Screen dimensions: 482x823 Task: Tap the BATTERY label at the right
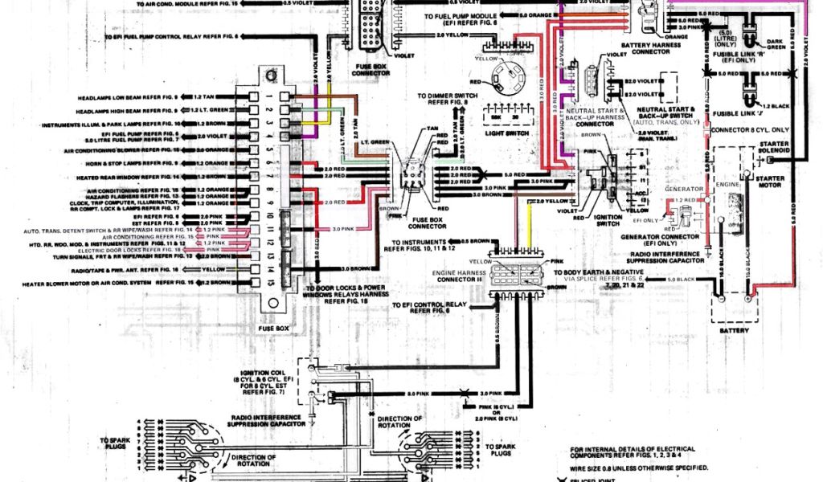[735, 330]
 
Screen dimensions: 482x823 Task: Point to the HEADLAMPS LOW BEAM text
[129, 96]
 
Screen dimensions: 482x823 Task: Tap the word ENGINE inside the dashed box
[727, 185]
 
